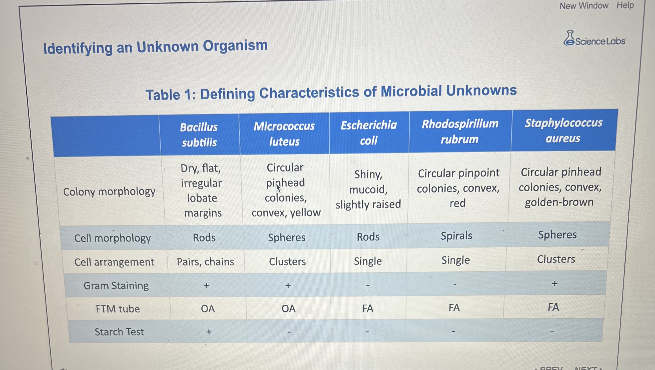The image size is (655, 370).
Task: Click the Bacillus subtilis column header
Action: click(x=199, y=135)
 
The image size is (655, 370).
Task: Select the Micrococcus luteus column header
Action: click(x=284, y=134)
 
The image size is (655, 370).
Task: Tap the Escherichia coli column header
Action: click(x=369, y=133)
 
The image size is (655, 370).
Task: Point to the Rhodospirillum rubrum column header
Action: click(x=460, y=132)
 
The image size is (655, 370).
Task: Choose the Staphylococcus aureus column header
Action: click(x=564, y=131)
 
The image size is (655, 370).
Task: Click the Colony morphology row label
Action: click(x=109, y=192)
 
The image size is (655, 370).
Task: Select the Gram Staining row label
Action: click(x=116, y=286)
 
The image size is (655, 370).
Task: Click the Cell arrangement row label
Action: click(x=114, y=262)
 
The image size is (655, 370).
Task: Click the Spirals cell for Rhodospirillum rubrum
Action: click(x=456, y=236)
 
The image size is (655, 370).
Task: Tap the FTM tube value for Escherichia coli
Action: click(x=368, y=308)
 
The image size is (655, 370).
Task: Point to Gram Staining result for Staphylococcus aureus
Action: click(x=555, y=283)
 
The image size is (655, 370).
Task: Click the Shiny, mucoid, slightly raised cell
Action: click(x=368, y=189)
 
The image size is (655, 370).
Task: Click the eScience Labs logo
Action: click(x=595, y=39)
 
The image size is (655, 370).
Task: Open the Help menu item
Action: click(x=625, y=5)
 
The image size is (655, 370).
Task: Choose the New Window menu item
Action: click(x=584, y=6)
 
